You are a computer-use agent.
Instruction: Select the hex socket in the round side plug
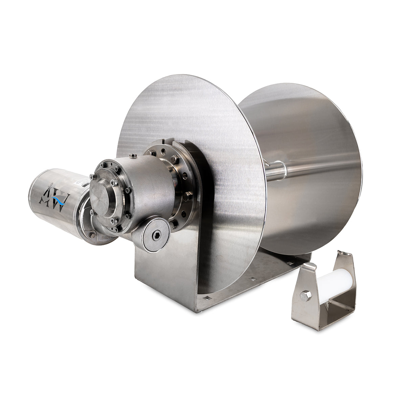tap(156, 236)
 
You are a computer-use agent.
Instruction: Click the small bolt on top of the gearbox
tap(133, 156)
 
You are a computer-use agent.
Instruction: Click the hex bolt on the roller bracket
tap(305, 295)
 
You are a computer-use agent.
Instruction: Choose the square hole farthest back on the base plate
tap(290, 262)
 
